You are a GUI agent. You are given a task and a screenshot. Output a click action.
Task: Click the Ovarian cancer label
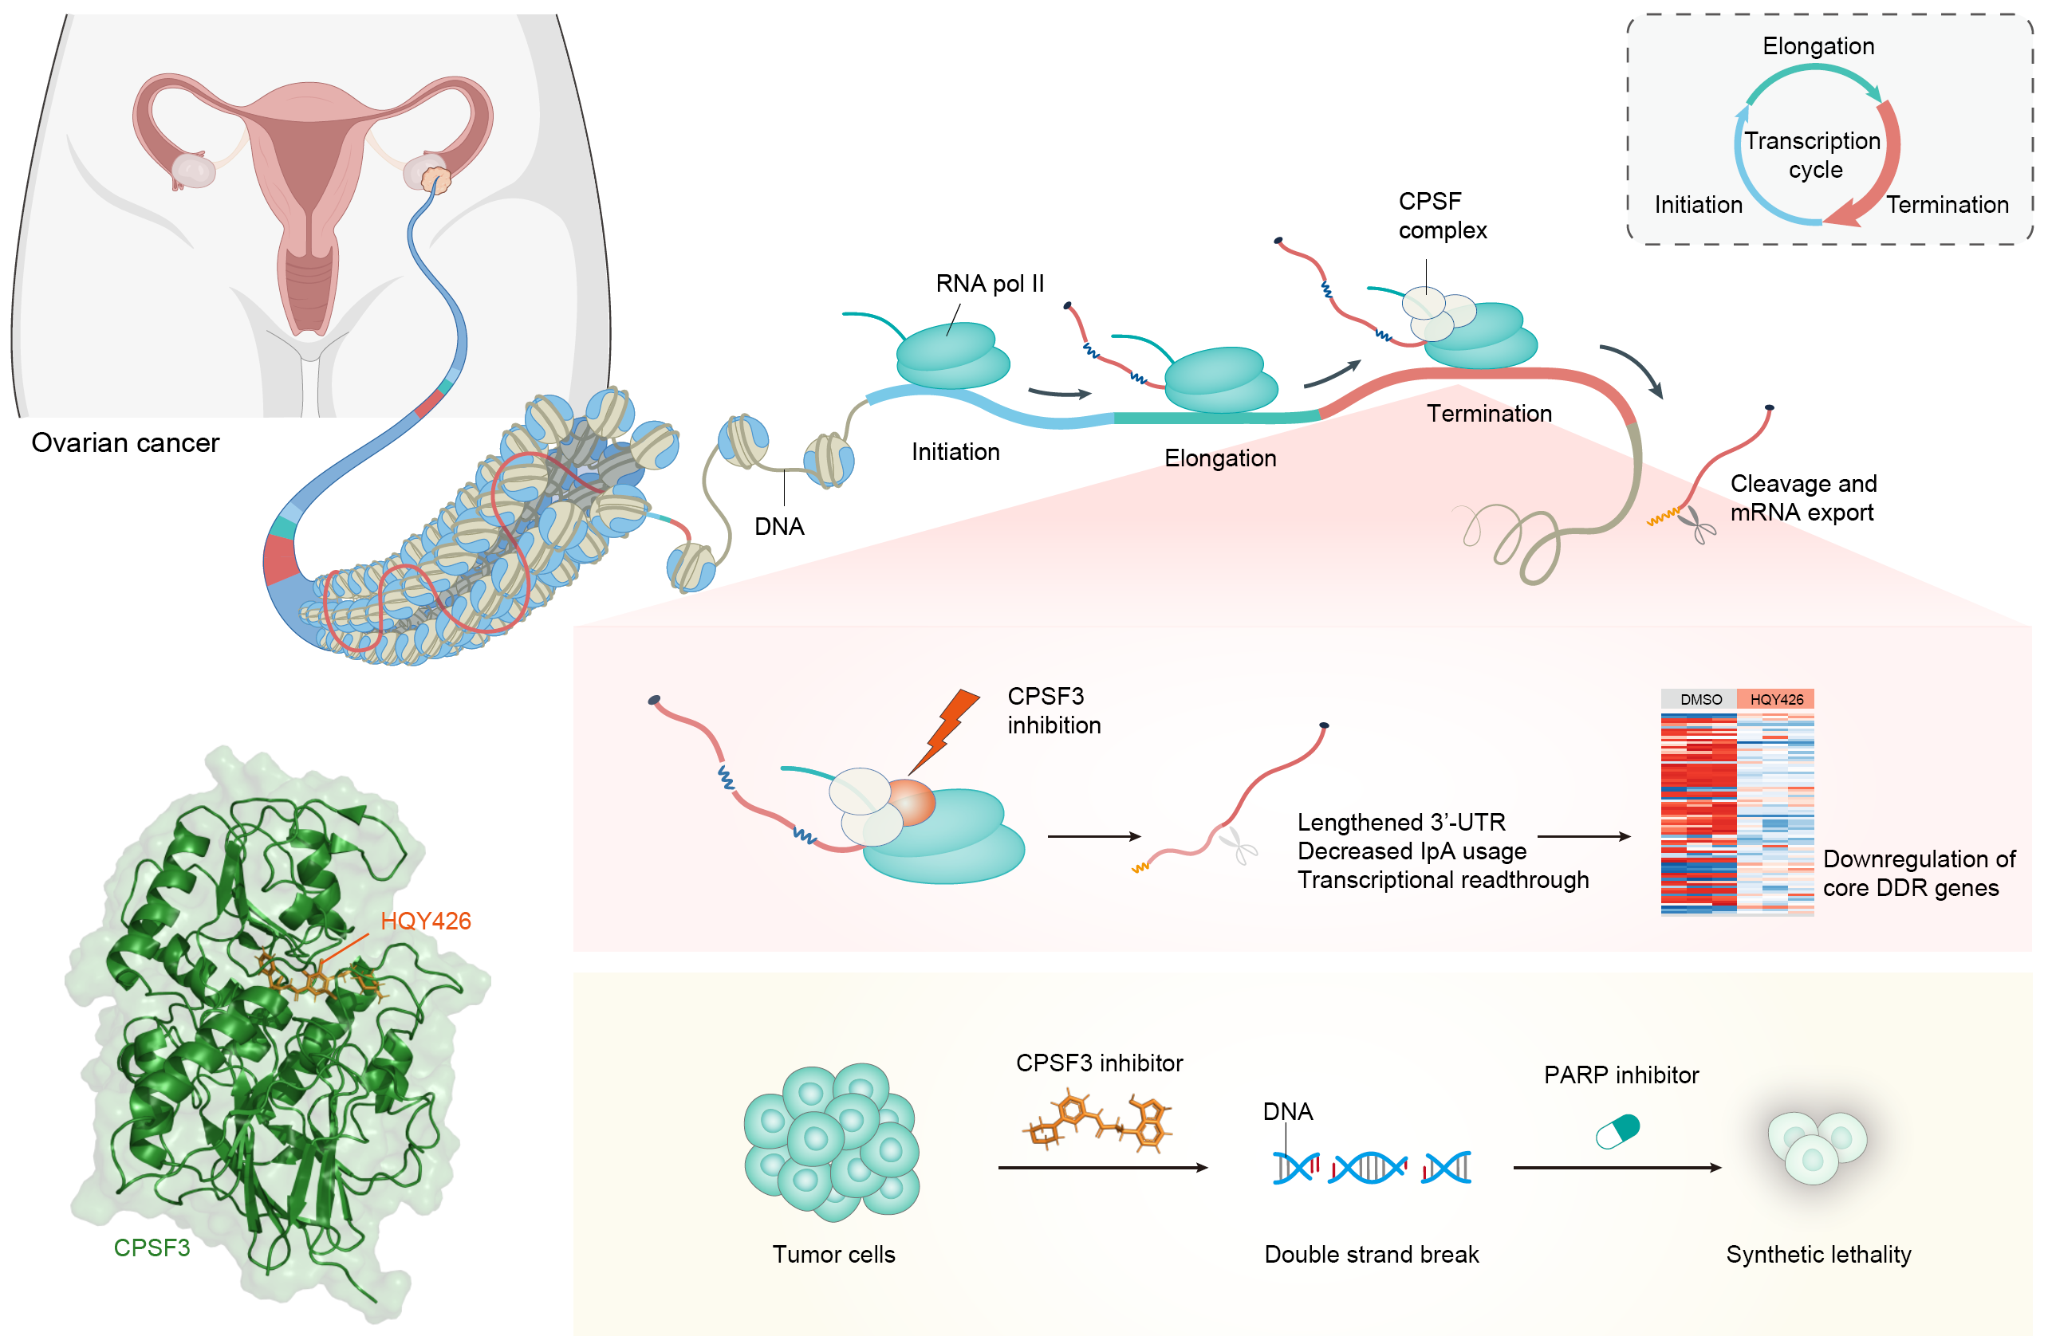(126, 442)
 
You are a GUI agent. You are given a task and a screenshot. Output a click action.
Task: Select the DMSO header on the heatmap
(1699, 699)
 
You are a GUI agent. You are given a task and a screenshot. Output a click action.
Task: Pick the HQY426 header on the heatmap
(1776, 699)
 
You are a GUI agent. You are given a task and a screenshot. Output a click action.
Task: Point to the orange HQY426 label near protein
(425, 921)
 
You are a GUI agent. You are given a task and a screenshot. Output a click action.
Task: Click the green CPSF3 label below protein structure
(152, 1248)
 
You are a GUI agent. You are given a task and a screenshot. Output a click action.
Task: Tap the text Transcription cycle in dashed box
(1812, 155)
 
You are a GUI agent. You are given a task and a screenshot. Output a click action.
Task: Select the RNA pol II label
(990, 283)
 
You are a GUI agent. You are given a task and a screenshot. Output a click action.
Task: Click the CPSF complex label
(1441, 215)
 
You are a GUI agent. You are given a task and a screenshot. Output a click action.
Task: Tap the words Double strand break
(1371, 1254)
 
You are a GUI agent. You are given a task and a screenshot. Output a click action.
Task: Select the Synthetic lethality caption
(1818, 1254)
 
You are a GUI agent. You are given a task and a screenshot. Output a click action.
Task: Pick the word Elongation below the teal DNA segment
(1219, 458)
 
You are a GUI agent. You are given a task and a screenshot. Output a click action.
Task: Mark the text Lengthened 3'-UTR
(1401, 822)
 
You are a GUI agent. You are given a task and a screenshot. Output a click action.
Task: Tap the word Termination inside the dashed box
(1947, 205)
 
